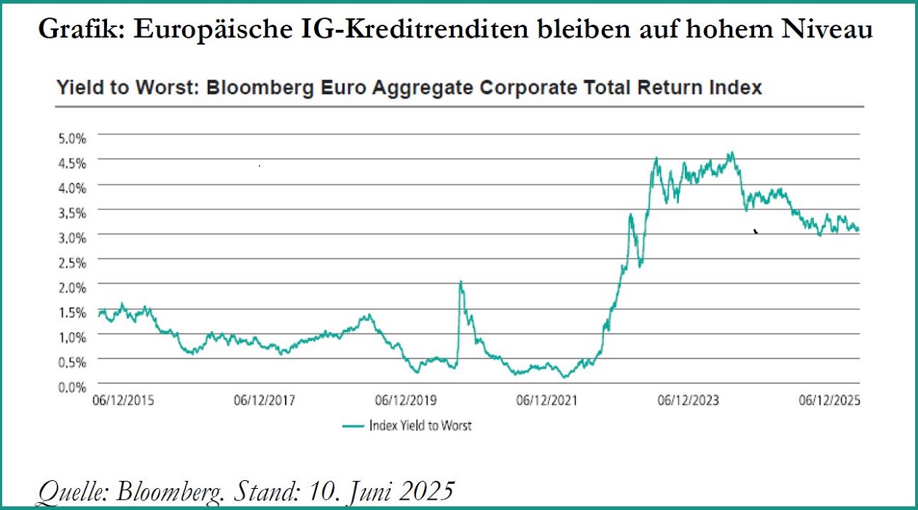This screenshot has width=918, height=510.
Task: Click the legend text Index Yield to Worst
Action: coord(420,425)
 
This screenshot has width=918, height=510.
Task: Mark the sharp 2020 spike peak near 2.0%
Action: coord(460,282)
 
